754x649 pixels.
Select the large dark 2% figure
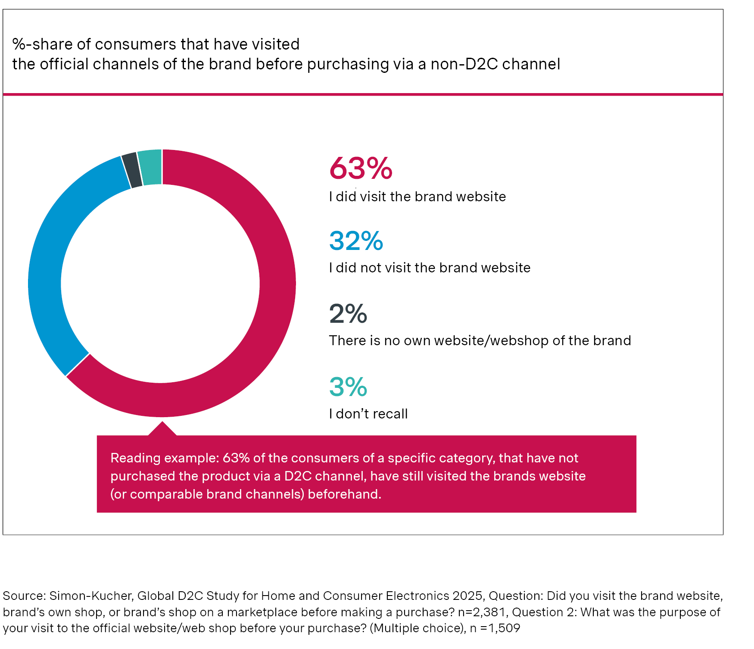(348, 314)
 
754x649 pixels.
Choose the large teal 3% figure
(348, 387)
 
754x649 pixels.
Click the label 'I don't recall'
(368, 414)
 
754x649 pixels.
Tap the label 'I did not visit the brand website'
(430, 268)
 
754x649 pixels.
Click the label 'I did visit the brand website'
(418, 197)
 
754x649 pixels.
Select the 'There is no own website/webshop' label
(480, 340)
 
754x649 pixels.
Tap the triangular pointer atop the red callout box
(162, 429)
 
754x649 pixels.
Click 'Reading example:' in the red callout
(165, 458)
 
